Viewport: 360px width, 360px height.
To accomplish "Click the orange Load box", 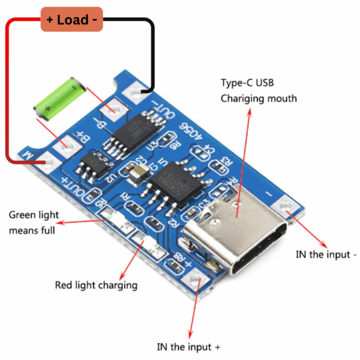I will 71,19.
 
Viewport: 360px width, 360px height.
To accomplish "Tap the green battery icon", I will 58,97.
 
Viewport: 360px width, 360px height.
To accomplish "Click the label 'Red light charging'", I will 96,285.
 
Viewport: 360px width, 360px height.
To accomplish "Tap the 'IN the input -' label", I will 326,254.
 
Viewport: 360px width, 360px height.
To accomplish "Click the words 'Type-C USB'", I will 247,82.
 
